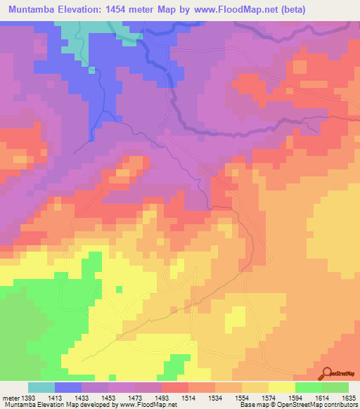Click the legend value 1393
28,398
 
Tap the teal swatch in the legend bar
41,387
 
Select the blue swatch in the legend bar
68,387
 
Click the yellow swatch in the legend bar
282,387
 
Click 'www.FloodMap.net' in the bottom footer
150,405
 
